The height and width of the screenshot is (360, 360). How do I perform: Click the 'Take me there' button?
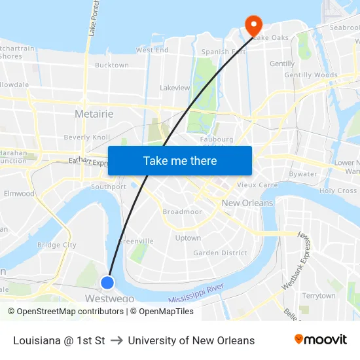point(180,160)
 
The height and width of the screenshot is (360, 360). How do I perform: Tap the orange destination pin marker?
point(253,26)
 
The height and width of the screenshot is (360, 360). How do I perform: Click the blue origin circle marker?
point(107,282)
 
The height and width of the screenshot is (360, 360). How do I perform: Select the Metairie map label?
point(94,114)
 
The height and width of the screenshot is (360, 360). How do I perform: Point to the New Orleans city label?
point(247,203)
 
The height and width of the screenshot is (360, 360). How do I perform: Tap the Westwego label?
point(110,298)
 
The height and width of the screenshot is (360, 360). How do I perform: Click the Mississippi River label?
point(196,293)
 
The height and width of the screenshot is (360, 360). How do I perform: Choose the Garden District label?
point(220,253)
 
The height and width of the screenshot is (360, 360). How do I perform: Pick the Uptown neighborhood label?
point(188,238)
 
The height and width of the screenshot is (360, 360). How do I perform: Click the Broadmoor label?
point(183,212)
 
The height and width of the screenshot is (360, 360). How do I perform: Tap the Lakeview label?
point(175,87)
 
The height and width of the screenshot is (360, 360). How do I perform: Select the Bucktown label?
point(112,65)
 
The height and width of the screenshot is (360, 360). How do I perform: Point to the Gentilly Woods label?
point(311,75)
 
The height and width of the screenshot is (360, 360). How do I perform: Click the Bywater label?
point(303,174)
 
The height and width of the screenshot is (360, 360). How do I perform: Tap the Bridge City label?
point(57,245)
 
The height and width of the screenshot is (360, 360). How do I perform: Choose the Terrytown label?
point(319,296)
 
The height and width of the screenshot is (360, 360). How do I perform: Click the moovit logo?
point(320,339)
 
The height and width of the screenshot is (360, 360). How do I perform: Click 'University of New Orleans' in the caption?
point(191,340)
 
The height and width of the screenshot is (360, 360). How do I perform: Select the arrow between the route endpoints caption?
point(117,340)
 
